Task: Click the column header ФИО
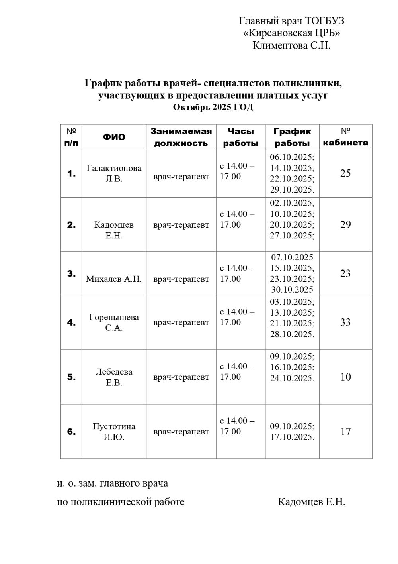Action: (114, 137)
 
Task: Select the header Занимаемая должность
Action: (181, 137)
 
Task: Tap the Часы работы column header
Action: (241, 137)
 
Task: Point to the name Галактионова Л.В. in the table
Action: (114, 173)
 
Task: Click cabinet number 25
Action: (345, 173)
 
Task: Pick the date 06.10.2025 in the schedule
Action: (292, 157)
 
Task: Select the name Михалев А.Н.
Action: (114, 279)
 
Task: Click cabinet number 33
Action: (345, 322)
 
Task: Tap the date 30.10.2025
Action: (292, 289)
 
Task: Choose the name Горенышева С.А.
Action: (114, 323)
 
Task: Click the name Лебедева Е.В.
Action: (114, 377)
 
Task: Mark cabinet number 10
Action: (345, 377)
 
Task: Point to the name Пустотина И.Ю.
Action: (114, 432)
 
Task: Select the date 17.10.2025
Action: (292, 437)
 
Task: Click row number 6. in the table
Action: (71, 432)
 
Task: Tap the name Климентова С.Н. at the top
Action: (291, 45)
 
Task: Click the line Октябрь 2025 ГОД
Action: (213, 107)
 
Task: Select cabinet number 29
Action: (345, 225)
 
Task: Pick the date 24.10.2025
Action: (292, 378)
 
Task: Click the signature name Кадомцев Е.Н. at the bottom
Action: (311, 502)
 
